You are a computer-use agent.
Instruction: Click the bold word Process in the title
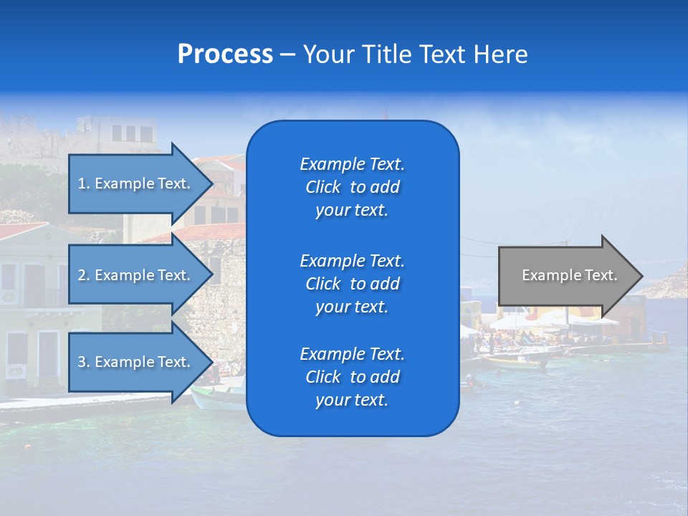(225, 54)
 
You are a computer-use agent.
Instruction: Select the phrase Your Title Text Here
(415, 54)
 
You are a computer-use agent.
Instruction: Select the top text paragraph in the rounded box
(352, 187)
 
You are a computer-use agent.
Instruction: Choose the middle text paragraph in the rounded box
(352, 283)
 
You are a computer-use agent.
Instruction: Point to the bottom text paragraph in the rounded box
(352, 377)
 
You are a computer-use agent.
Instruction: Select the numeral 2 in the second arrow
(81, 275)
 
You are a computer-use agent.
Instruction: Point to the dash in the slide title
(287, 55)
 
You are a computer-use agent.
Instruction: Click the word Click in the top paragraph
(322, 187)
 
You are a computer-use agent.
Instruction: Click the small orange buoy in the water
(28, 447)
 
